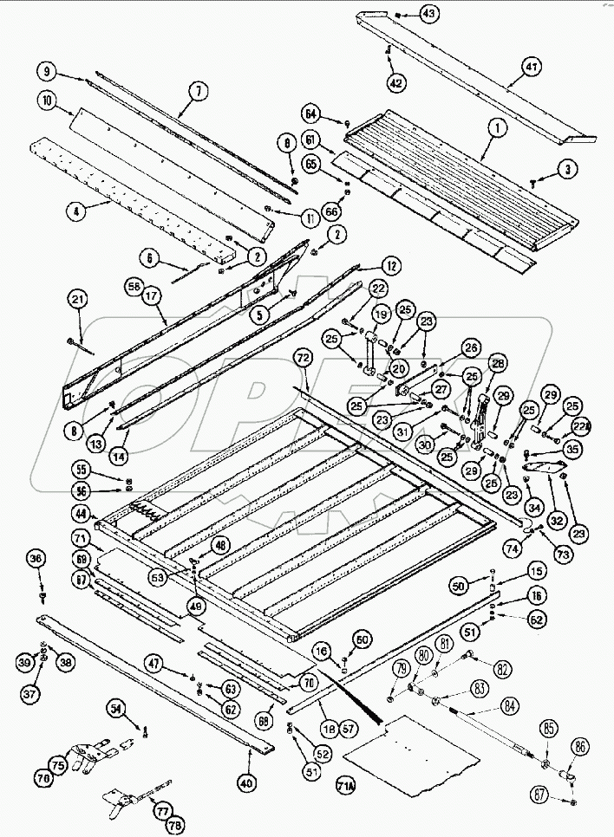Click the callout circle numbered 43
(x=430, y=13)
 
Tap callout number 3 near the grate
(x=565, y=169)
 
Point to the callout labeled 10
(x=47, y=101)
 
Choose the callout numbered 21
(x=79, y=300)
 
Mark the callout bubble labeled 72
(x=303, y=357)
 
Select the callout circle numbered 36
(x=36, y=560)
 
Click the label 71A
(x=345, y=787)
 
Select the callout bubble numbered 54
(x=117, y=709)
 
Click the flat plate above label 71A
(x=412, y=749)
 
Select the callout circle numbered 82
(x=503, y=670)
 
